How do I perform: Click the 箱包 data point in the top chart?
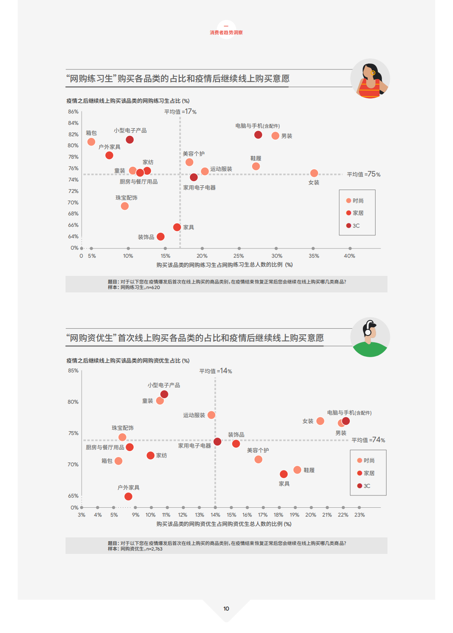click(91, 142)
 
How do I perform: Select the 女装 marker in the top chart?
click(314, 173)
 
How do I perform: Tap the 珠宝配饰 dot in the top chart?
click(125, 206)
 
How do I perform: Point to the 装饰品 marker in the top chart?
click(161, 237)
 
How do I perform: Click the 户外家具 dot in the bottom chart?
click(128, 496)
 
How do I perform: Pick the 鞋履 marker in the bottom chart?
click(297, 470)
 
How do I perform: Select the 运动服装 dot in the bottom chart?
click(211, 415)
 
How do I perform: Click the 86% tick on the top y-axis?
click(73, 112)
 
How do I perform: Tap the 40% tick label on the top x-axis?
click(349, 256)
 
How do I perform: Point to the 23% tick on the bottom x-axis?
click(360, 515)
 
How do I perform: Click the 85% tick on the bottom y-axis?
click(73, 371)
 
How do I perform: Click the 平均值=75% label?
click(363, 174)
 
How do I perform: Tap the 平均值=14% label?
click(216, 371)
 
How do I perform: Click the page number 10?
click(226, 608)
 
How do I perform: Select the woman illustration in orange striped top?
click(370, 79)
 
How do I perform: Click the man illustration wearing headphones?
click(370, 338)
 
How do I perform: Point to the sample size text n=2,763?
click(154, 549)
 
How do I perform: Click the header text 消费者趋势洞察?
click(226, 33)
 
